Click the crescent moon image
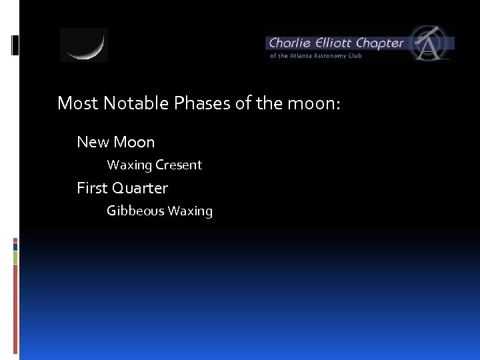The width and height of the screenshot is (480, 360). pos(84,45)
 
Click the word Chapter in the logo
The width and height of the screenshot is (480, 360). pos(379,43)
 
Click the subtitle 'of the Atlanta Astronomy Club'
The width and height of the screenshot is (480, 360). pos(315,56)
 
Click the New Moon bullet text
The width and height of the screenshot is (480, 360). pos(115,142)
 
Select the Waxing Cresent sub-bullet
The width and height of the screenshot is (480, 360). pos(154,165)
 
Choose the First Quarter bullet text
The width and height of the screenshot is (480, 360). pos(122,188)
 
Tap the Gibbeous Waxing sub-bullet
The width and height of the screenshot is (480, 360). pos(159,211)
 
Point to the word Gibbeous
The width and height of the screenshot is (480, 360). pos(135,211)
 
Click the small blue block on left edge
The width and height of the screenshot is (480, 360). pos(15,247)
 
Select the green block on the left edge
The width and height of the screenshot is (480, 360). pos(15,257)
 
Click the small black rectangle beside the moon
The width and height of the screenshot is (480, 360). pos(15,45)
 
